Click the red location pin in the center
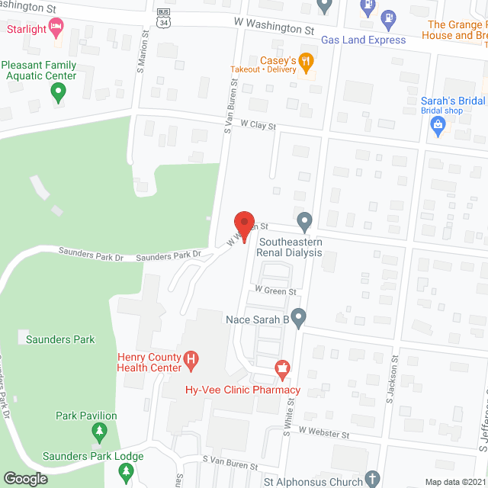(244, 227)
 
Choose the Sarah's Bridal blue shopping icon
(438, 127)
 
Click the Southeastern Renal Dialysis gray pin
(304, 223)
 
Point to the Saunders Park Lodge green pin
(126, 473)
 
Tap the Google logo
(24, 478)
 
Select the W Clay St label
(257, 124)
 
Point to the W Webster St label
(323, 432)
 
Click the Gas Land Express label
(363, 40)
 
